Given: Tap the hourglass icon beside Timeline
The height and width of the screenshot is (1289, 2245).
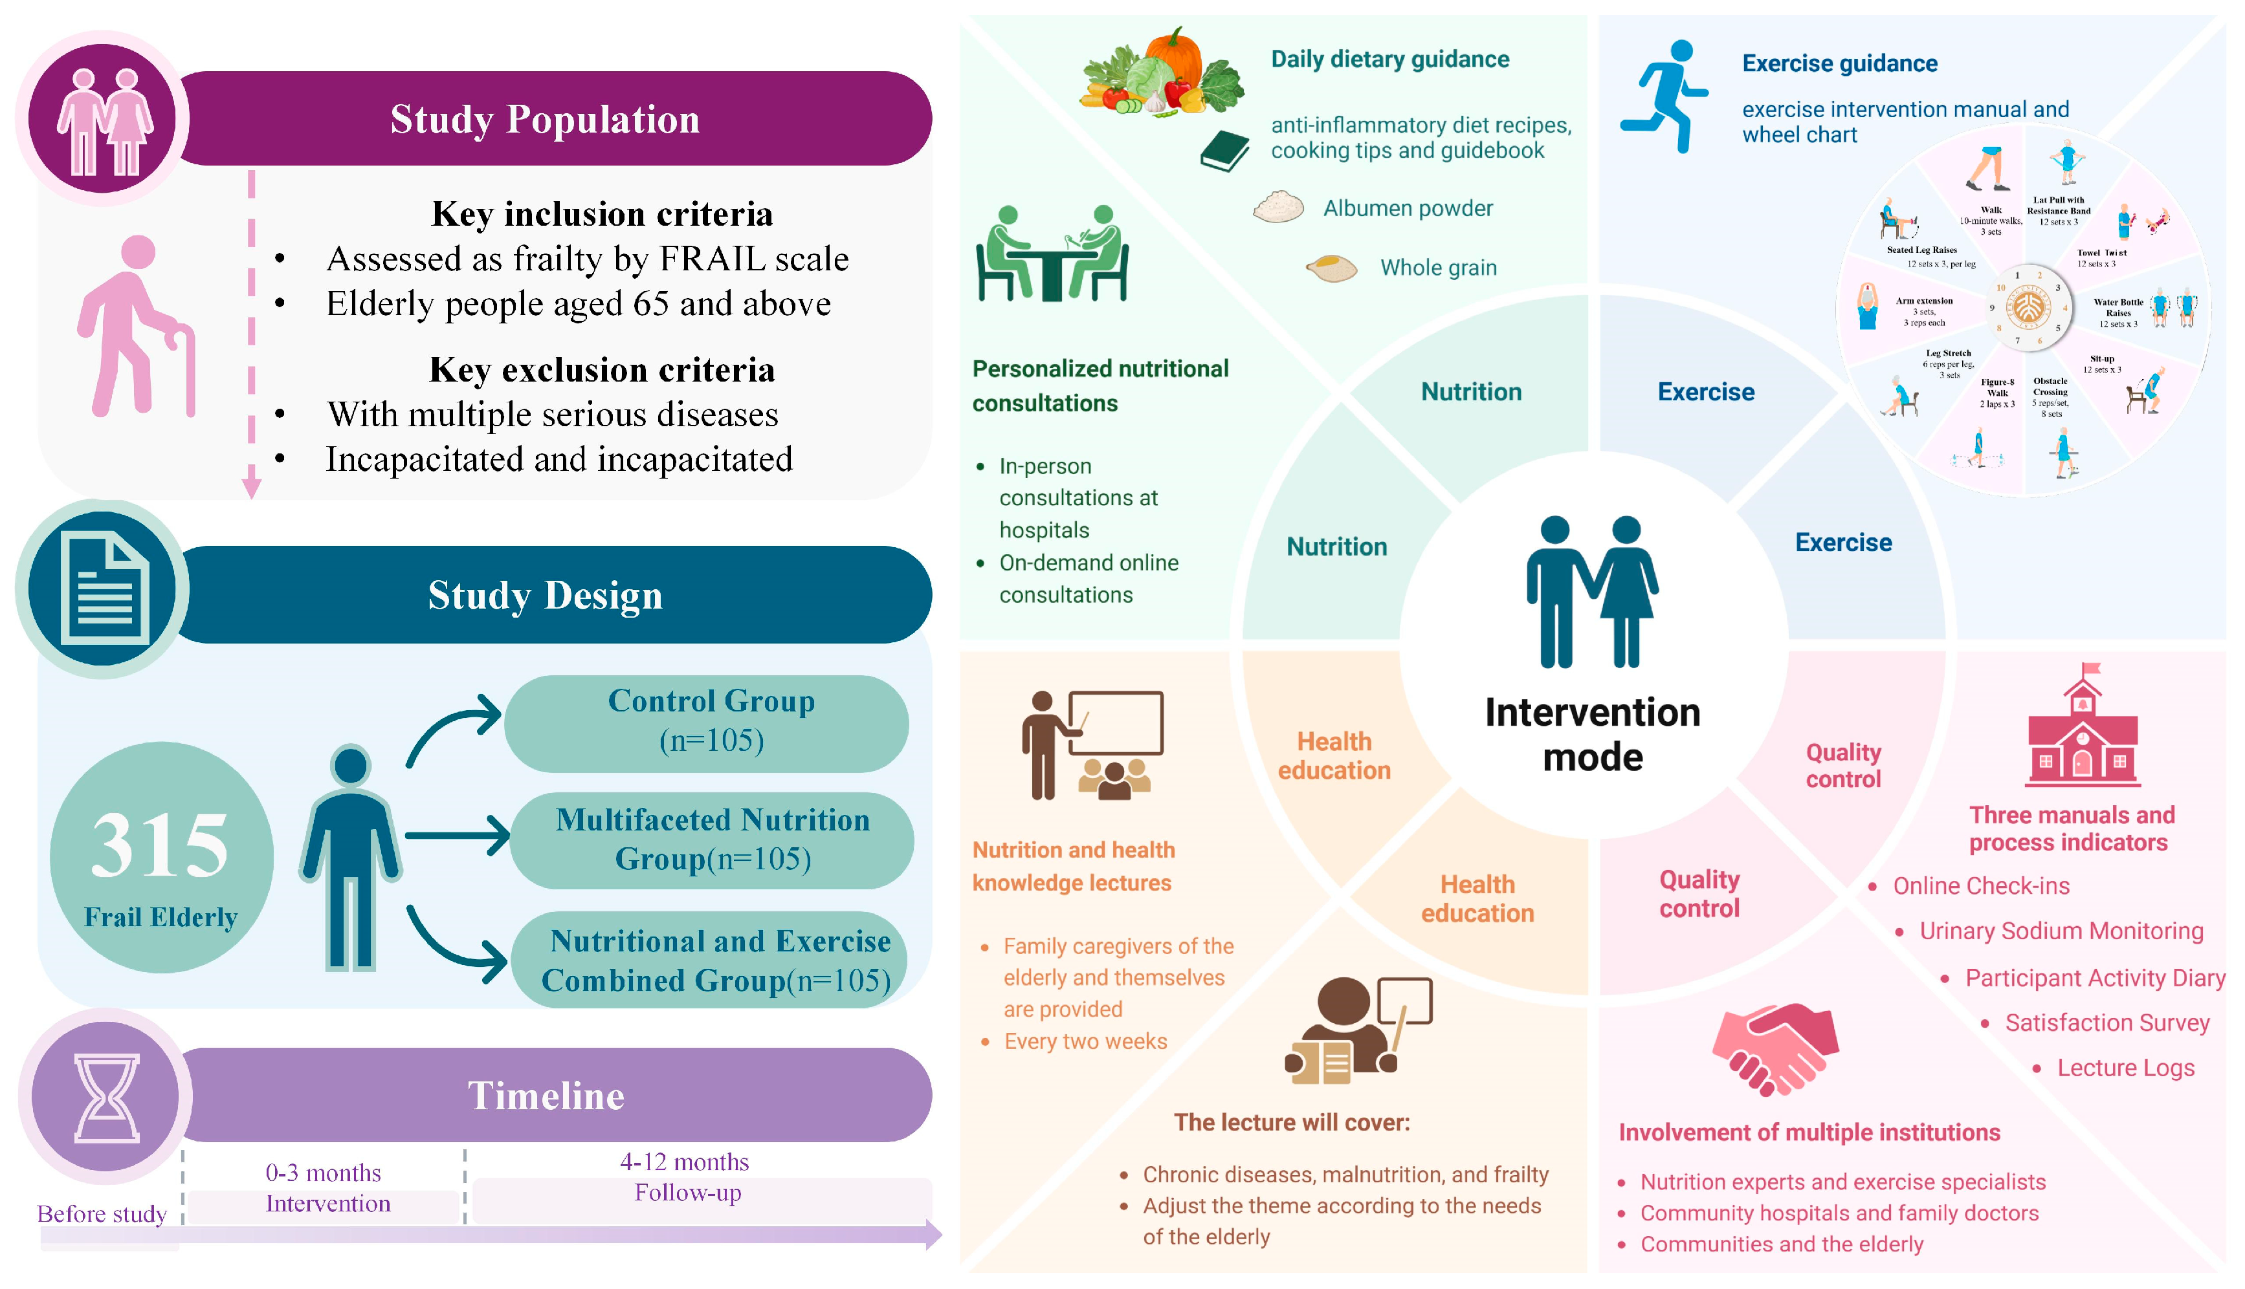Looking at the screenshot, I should (106, 1097).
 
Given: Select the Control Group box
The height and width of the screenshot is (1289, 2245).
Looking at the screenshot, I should (710, 720).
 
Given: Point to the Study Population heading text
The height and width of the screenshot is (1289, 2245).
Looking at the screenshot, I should (545, 120).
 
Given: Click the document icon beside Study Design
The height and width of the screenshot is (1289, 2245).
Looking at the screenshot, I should (104, 588).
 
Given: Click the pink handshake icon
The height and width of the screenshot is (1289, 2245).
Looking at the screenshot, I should (1775, 1048).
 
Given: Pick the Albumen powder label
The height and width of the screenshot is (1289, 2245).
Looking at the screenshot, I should (1407, 208).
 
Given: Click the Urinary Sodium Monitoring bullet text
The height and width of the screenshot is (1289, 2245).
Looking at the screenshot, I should (2061, 931).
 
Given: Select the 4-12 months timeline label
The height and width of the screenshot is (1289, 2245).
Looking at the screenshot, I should (685, 1162).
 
